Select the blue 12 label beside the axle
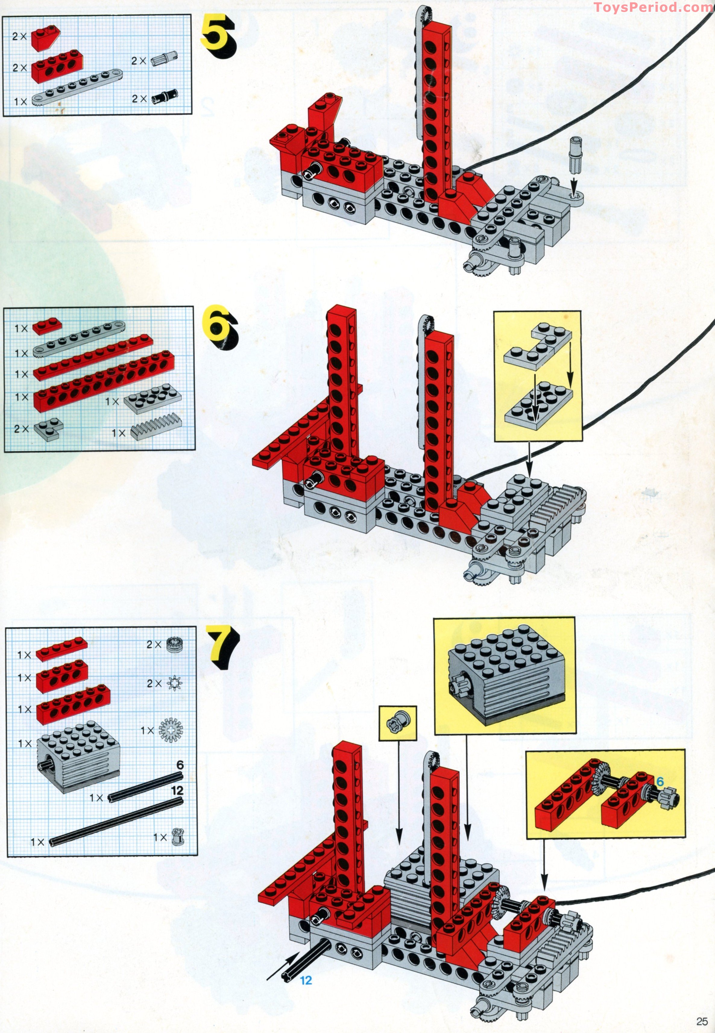click(306, 980)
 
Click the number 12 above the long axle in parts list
click(178, 791)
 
